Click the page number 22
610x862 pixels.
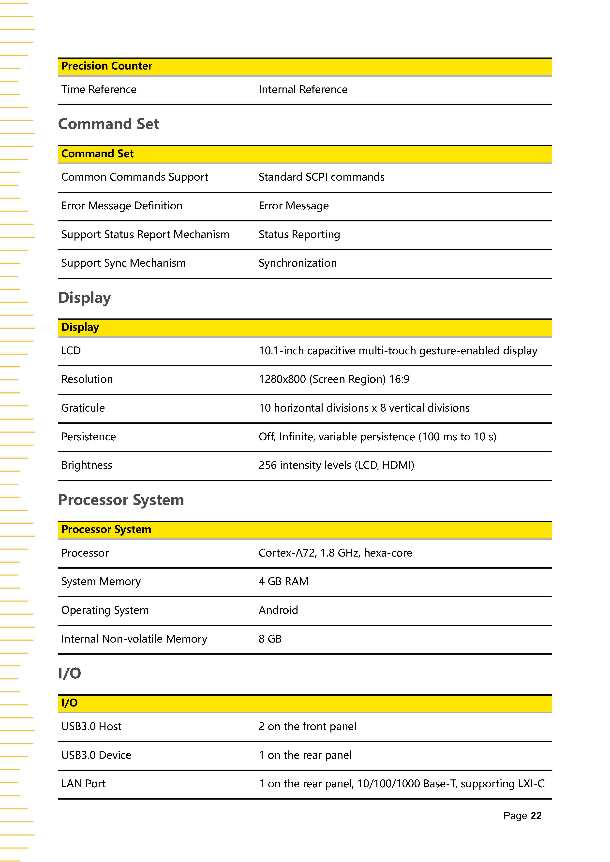[536, 816]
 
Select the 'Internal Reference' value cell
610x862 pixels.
[303, 89]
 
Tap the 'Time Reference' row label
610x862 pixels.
[99, 89]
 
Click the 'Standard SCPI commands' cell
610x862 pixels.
[322, 177]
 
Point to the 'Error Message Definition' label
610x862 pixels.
[122, 206]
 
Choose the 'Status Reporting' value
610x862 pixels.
[299, 234]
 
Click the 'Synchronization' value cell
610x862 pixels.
[298, 263]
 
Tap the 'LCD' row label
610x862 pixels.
[71, 351]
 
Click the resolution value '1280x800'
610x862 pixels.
[282, 379]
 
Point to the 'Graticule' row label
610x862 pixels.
[83, 408]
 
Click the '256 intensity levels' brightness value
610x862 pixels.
[305, 465]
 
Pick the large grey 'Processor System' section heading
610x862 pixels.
[121, 500]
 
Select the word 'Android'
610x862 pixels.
[278, 610]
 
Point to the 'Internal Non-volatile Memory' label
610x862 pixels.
[134, 639]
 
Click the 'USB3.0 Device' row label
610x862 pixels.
[96, 755]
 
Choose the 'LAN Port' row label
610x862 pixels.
[83, 784]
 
